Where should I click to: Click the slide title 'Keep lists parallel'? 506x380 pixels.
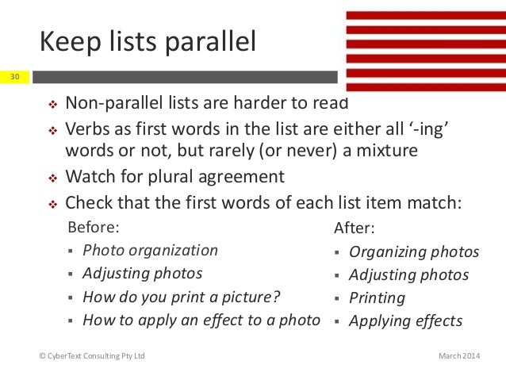[x=148, y=42]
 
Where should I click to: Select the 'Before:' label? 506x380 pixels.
[x=94, y=227]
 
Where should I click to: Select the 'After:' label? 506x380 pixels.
[x=354, y=228]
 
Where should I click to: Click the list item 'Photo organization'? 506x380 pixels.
[x=150, y=250]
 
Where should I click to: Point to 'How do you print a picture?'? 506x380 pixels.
[x=182, y=297]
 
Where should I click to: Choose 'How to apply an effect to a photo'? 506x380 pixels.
[x=201, y=321]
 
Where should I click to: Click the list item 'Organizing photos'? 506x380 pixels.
[x=414, y=252]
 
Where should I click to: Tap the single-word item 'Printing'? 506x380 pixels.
[x=377, y=298]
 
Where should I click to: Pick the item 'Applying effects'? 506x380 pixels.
[x=405, y=321]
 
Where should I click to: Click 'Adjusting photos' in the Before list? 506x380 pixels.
[x=142, y=274]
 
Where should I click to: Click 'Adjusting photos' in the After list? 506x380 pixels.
[x=408, y=275]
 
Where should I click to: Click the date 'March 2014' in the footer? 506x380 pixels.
[x=459, y=356]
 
